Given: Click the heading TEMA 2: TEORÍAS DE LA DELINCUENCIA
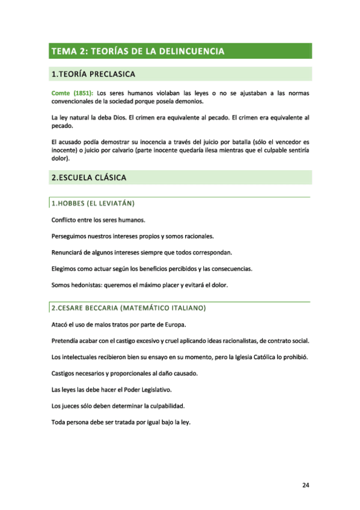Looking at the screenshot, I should coord(138,51).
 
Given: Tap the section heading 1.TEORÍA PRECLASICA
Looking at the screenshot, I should coord(93,75).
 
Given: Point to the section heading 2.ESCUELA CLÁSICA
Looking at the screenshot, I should coord(89,177).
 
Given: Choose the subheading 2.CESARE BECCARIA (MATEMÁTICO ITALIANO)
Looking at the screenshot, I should coord(129,309).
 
